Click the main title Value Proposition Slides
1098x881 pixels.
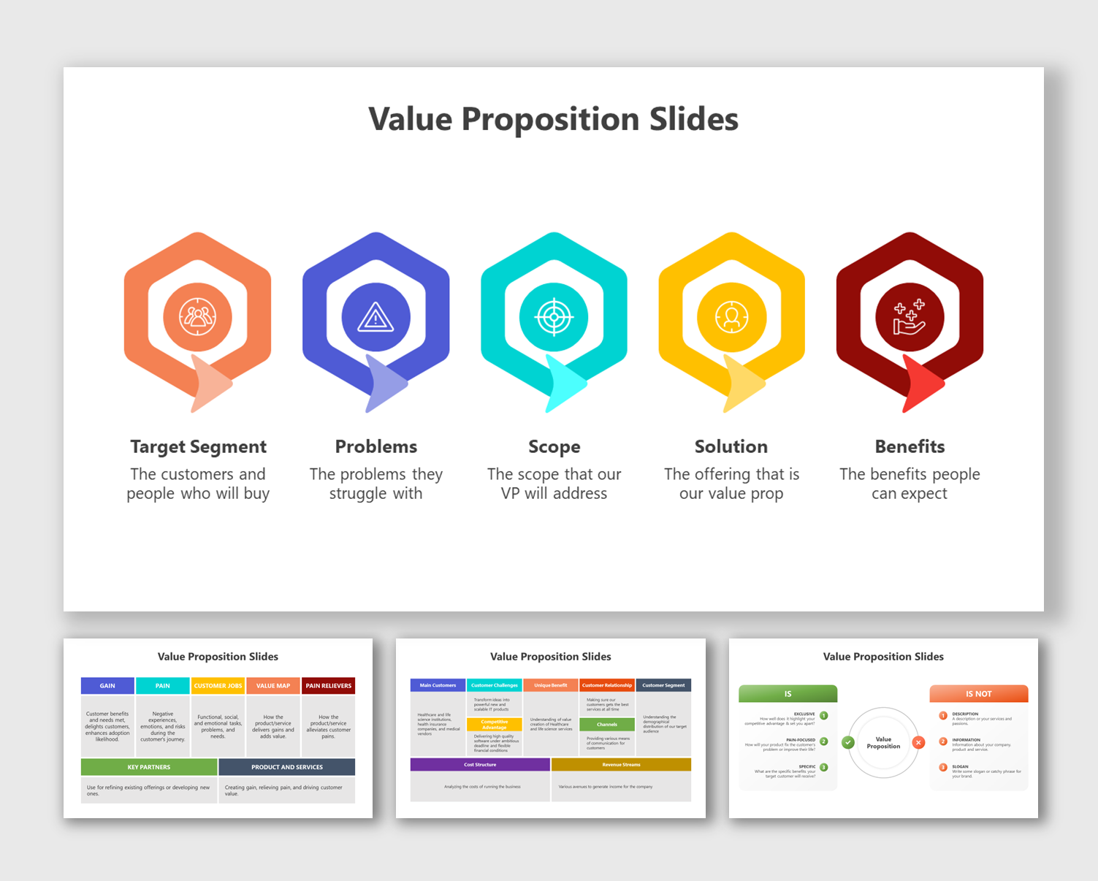point(553,119)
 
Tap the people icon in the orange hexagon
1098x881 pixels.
point(197,317)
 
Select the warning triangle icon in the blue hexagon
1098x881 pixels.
point(375,318)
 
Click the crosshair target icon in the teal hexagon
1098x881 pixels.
point(554,317)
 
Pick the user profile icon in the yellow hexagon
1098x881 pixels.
point(731,317)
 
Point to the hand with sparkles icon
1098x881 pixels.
point(910,318)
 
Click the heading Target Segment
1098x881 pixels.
point(198,446)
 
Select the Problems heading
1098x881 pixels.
point(375,446)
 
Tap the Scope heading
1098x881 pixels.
point(554,446)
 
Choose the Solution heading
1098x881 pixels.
point(731,446)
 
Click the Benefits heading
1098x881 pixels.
point(910,446)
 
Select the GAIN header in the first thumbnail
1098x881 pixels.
point(107,686)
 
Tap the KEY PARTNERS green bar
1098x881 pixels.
point(149,767)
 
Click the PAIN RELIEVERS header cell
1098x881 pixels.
point(328,686)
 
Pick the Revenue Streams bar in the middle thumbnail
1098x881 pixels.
point(621,765)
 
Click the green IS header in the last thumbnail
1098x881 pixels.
point(788,694)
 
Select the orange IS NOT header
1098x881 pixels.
point(978,694)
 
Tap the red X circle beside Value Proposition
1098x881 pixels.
point(918,742)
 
